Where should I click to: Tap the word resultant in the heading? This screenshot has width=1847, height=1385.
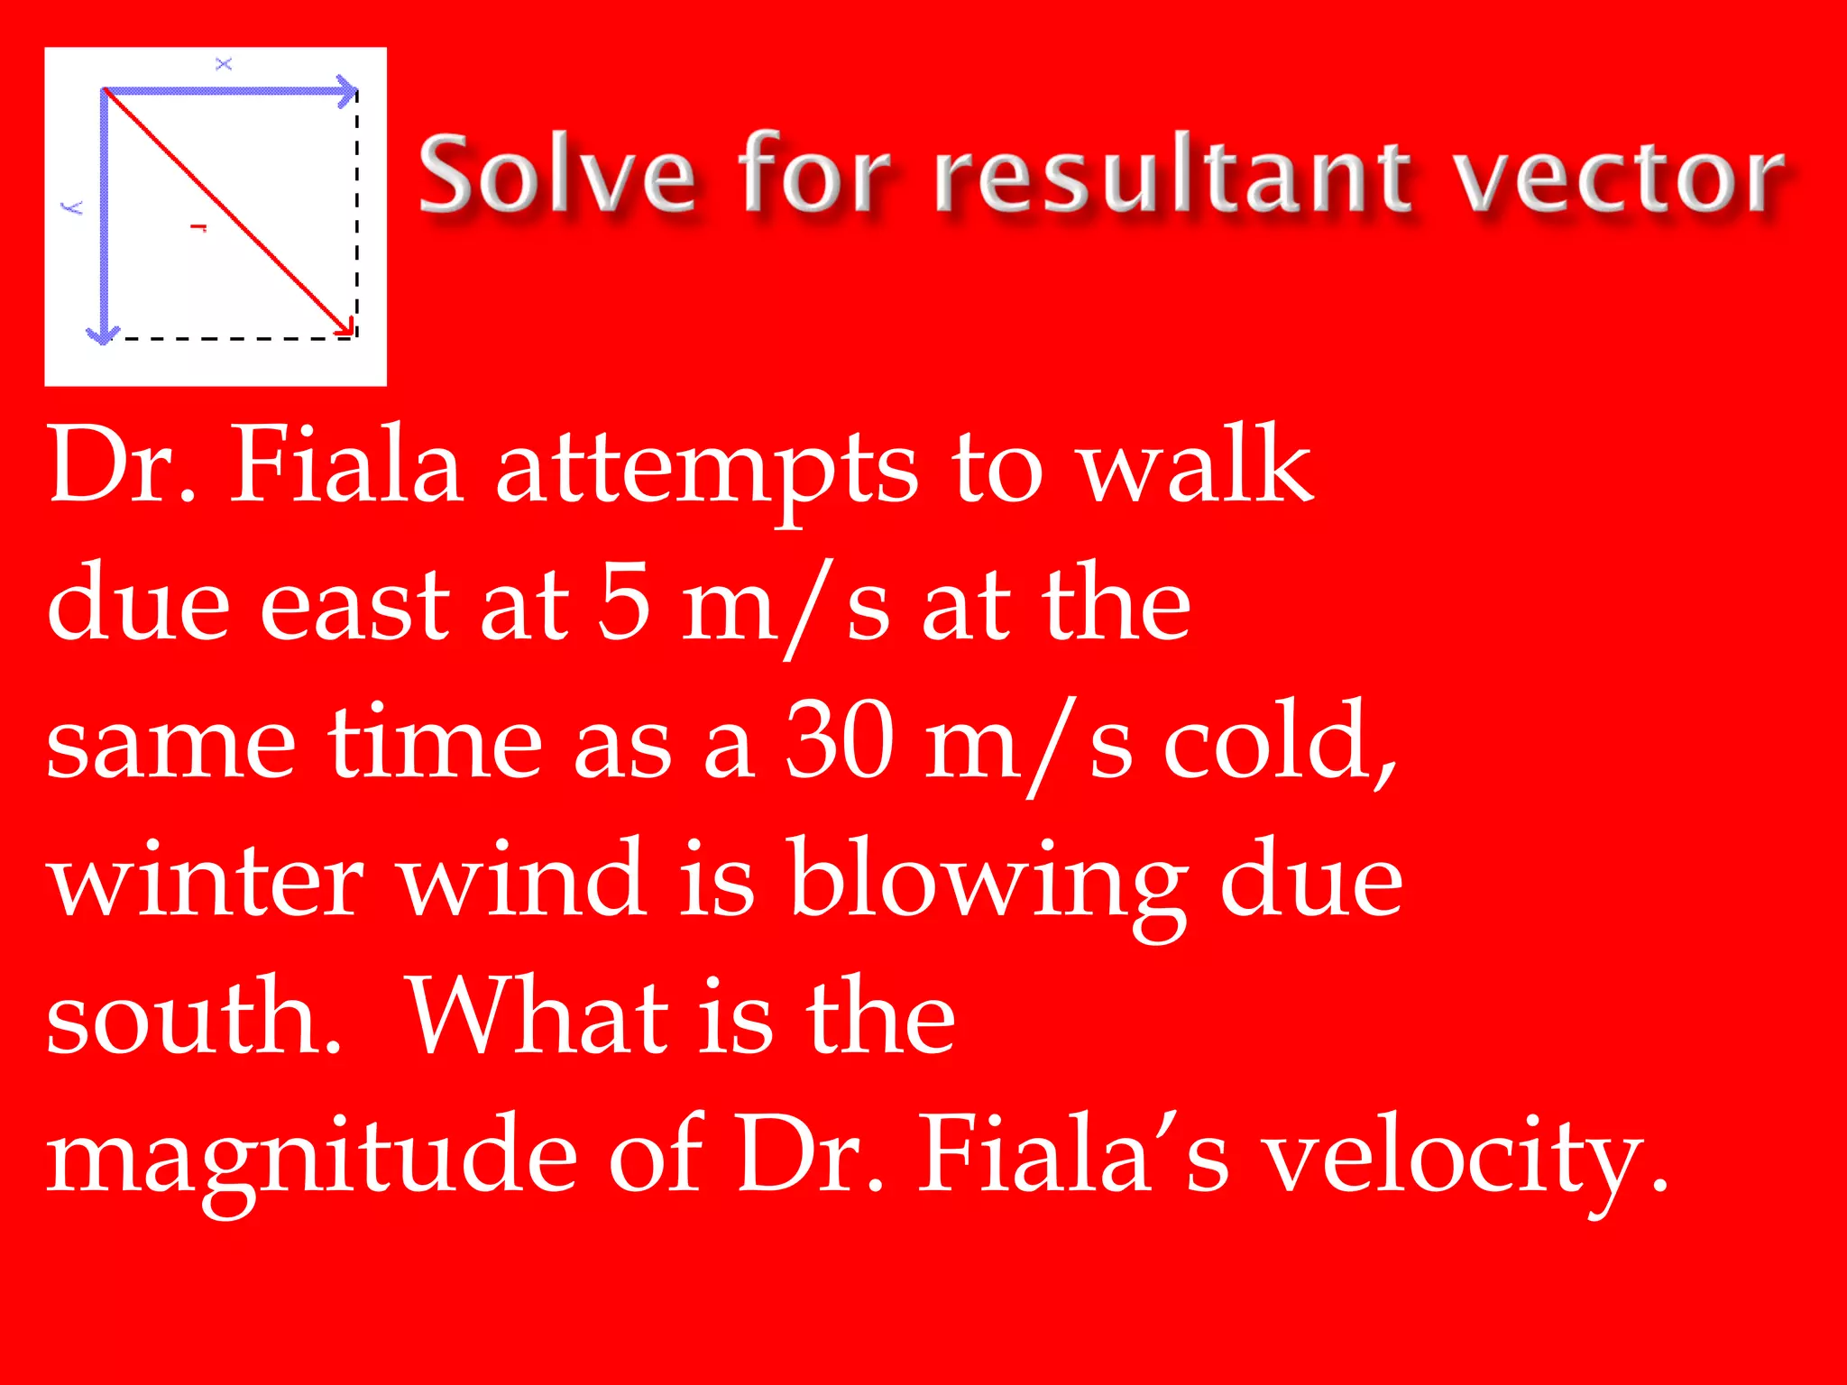click(x=1172, y=173)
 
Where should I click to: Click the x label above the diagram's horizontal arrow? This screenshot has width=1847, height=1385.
click(x=224, y=64)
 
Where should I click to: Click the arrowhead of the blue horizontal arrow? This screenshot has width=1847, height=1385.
click(x=347, y=91)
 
